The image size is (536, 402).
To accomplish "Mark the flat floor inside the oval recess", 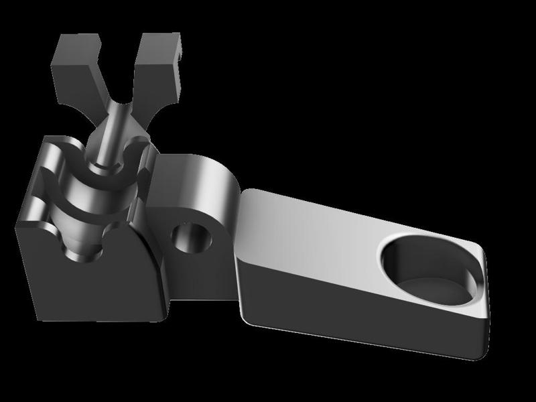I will (435, 288).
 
